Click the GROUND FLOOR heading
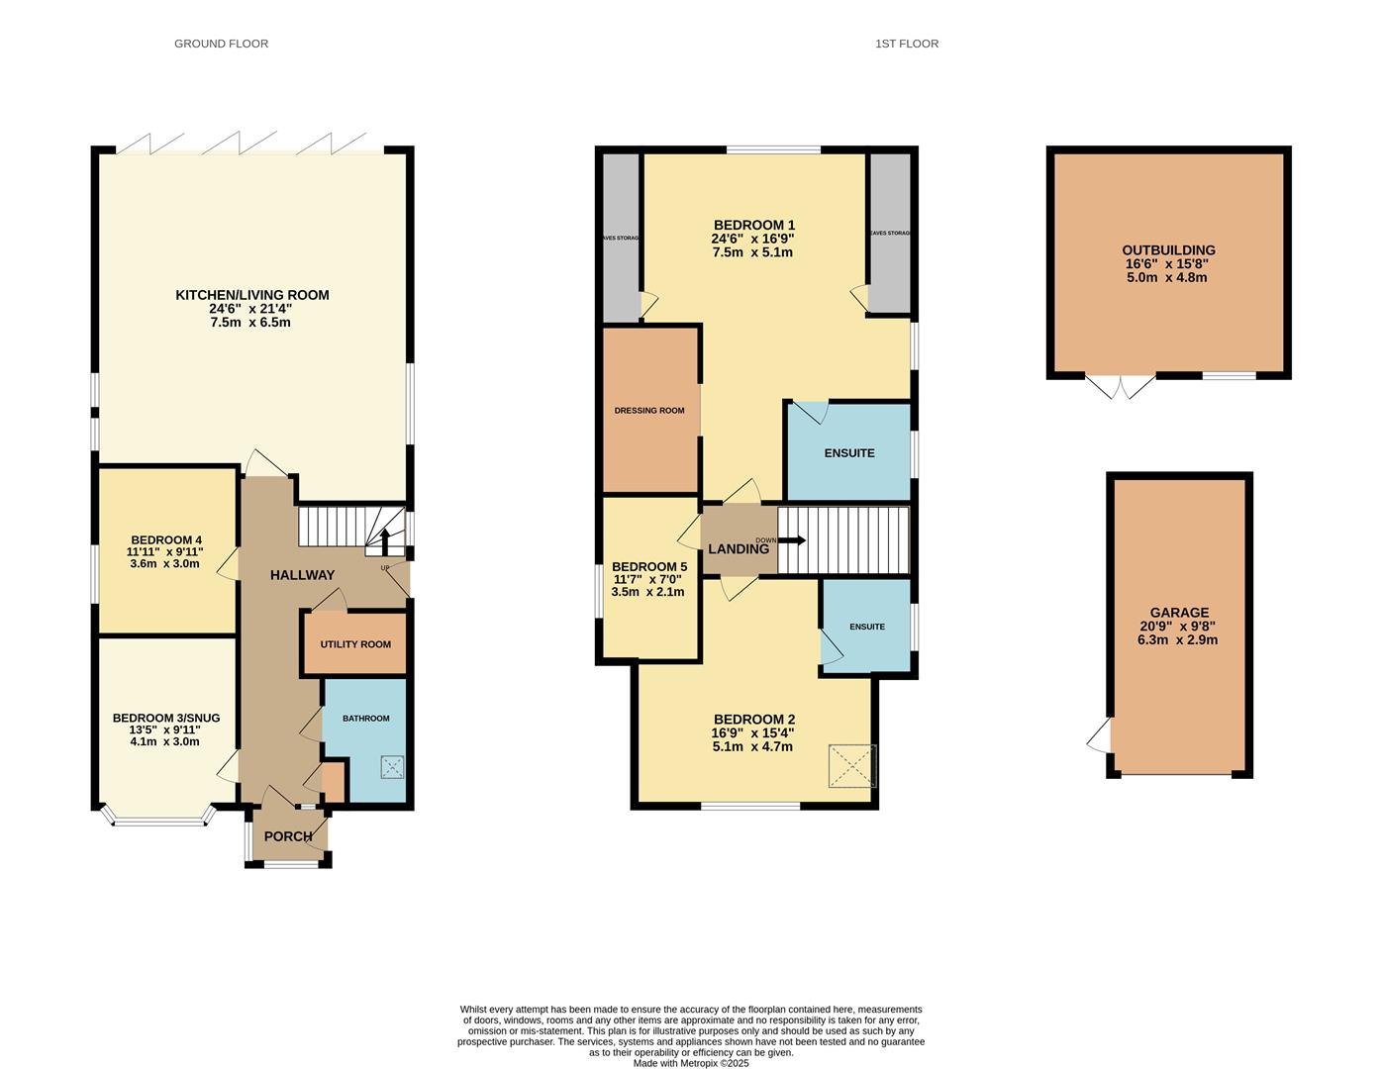(221, 44)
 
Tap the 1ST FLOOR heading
(906, 44)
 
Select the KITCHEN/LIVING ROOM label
(251, 295)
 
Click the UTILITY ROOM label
(355, 644)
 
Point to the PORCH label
(288, 836)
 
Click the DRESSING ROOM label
(649, 411)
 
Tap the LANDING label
(738, 548)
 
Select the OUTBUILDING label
(1168, 250)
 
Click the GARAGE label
(1179, 613)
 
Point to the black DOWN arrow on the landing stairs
(792, 540)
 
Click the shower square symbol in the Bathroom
(393, 766)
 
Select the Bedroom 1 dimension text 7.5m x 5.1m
(751, 252)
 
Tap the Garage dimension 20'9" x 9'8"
(1179, 627)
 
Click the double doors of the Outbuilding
(1121, 386)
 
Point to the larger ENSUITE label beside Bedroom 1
(849, 453)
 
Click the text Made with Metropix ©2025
(691, 1063)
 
